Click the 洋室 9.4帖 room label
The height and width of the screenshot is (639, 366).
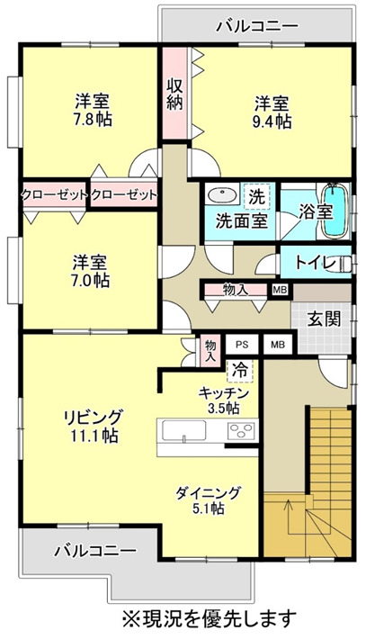point(271,112)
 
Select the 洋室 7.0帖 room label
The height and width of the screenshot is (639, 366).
point(91,271)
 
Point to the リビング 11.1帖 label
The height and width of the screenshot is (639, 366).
point(92,426)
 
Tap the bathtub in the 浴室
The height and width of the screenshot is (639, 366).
point(335,212)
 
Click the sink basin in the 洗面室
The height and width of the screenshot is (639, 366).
point(219,195)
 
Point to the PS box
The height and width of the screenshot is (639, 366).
point(241,345)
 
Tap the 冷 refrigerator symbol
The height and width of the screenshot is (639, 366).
point(240,369)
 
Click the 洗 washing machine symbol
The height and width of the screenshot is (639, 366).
point(257,195)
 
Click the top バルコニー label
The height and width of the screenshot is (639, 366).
point(256,26)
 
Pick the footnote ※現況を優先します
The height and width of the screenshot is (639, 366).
point(209,618)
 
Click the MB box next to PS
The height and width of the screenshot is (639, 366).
point(277,345)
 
